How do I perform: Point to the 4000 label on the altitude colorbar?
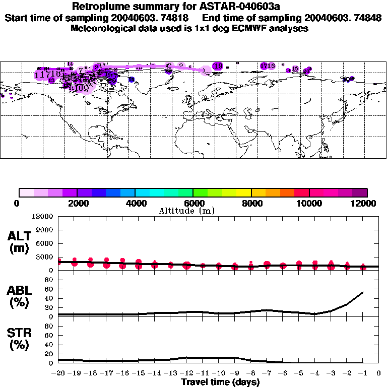[135, 203]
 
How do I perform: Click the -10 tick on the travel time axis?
[219, 373]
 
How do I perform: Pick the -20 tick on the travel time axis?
[58, 373]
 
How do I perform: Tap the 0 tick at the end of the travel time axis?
[379, 373]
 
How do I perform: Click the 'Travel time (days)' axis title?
[220, 382]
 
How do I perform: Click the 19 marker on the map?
[218, 66]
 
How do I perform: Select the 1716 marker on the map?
[268, 66]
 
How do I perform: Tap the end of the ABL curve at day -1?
[363, 292]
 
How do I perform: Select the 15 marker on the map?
[295, 69]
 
